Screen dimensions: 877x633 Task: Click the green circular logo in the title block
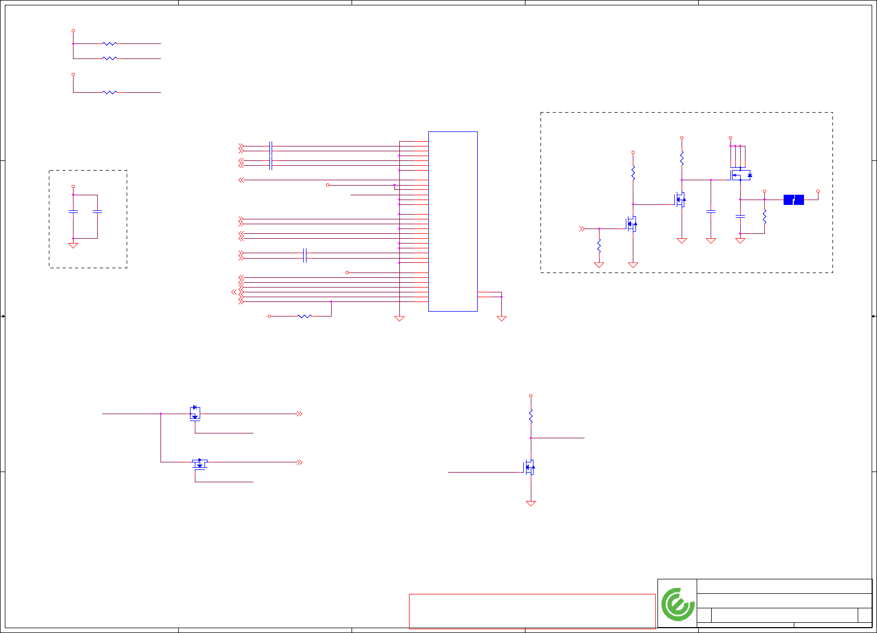[678, 604]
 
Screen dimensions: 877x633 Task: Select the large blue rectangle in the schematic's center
[452, 221]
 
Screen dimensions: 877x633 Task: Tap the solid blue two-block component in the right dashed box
[793, 200]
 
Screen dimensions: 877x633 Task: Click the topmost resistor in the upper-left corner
[109, 43]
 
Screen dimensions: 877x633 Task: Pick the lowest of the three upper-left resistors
[109, 92]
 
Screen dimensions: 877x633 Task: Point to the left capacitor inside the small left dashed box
[73, 212]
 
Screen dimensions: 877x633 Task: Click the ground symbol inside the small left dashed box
[73, 245]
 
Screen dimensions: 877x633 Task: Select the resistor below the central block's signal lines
[304, 316]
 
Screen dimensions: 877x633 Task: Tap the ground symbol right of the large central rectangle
[501, 318]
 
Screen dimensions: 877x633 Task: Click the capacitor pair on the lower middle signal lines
[305, 255]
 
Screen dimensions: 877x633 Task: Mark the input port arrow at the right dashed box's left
[582, 229]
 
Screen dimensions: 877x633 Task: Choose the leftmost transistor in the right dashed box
[631, 224]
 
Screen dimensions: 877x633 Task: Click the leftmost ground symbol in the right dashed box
[599, 264]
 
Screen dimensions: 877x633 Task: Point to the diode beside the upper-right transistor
[750, 175]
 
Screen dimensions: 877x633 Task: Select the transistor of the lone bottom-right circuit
[530, 468]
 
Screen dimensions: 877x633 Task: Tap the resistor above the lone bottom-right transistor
[531, 416]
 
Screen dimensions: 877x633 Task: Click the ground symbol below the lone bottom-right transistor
[531, 503]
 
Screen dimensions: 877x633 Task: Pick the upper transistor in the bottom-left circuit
[195, 413]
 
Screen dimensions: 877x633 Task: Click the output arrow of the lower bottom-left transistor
[299, 462]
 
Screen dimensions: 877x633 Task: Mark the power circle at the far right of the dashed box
[818, 191]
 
